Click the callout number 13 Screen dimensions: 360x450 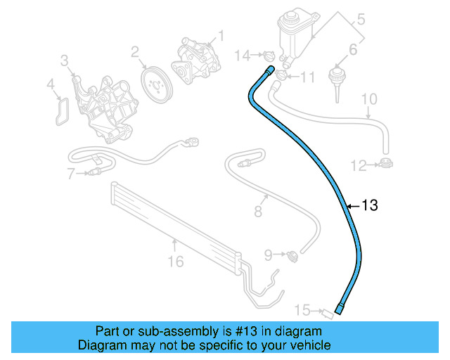(x=370, y=205)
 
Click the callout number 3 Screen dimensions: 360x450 (x=64, y=62)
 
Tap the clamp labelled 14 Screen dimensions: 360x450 (x=266, y=55)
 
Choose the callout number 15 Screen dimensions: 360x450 (x=301, y=309)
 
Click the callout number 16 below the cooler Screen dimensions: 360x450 (x=175, y=262)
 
